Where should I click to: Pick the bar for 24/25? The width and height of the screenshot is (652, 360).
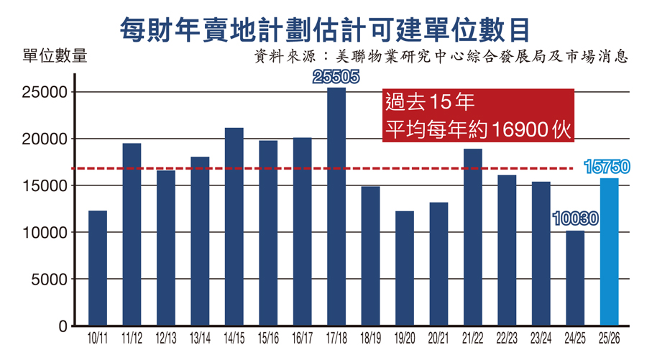[x=575, y=278]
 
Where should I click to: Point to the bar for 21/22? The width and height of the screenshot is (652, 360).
[x=472, y=237]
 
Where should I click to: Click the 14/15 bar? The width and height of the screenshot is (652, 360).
[x=234, y=227]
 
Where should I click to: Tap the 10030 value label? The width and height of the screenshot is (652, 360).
[x=575, y=218]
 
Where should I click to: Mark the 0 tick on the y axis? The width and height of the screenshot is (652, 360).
[x=63, y=326]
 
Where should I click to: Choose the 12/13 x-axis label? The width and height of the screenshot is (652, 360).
[x=166, y=337]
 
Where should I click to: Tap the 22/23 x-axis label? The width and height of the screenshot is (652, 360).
[x=507, y=337]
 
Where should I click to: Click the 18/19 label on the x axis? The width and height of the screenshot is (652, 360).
[x=370, y=337]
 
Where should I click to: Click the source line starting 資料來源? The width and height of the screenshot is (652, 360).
[x=441, y=56]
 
